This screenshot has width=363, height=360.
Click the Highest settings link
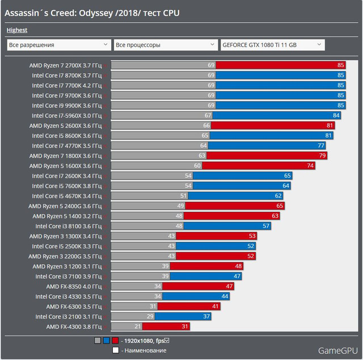coord(17,30)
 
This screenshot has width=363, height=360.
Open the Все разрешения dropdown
coord(59,45)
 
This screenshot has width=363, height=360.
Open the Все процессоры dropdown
coord(166,45)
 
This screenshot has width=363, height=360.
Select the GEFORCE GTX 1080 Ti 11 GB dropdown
coord(273,45)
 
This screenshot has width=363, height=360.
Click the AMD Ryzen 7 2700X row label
coord(66,66)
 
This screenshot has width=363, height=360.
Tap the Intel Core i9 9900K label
coord(67,106)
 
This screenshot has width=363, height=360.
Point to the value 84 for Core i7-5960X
coord(336,115)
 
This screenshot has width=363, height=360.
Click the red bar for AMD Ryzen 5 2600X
coord(273,125)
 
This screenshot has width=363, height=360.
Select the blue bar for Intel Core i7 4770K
coord(267,145)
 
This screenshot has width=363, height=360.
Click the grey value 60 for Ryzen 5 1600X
coord(197,165)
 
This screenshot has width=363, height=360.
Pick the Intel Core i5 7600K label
coord(67,186)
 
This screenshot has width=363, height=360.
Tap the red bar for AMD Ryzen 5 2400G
coord(235,206)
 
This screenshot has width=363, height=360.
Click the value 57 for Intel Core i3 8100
coord(266,226)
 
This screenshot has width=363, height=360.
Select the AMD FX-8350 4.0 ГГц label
coord(74,287)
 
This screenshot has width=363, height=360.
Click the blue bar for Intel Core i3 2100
coord(183,316)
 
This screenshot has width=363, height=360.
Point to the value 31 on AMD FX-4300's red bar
coord(185,326)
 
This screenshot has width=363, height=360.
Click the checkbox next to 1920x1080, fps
coord(167,341)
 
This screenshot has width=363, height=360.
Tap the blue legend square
coord(107,341)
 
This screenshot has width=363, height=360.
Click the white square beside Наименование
coord(116,350)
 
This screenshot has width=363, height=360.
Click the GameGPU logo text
coord(338,351)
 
